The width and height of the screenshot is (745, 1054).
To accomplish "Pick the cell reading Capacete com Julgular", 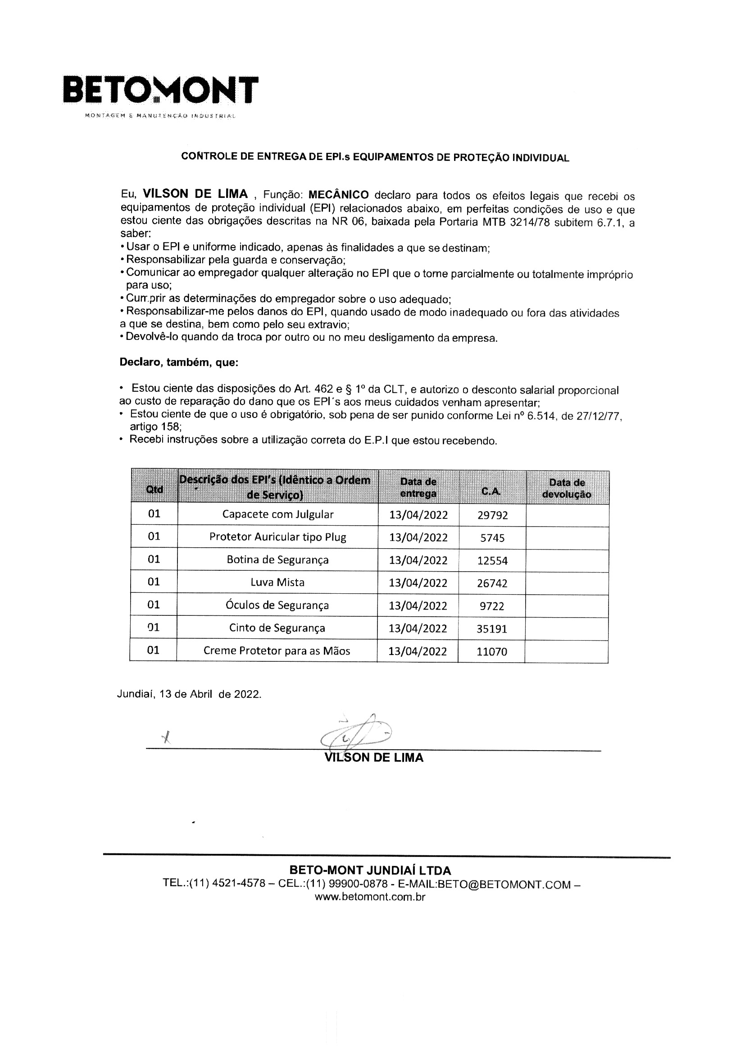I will pos(277,514).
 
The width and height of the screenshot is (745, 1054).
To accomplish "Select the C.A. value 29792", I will pos(492,515).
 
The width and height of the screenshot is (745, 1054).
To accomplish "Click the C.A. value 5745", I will pos(492,537).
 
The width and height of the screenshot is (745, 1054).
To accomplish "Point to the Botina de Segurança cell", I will pos(277,559).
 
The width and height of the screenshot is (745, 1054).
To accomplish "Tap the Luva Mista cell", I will pos(277,582).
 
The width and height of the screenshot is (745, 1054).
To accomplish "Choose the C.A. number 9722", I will pos(492,606).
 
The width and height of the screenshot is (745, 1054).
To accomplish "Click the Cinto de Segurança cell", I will pos(277,628).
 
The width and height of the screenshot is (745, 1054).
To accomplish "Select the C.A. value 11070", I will pos(492,651).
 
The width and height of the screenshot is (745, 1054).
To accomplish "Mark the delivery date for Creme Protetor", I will pos(418,651).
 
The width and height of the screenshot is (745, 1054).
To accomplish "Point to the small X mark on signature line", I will pos(167,738).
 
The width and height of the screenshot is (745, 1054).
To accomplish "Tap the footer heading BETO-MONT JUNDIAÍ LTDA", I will pos(370,871).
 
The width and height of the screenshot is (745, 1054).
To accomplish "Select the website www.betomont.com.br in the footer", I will pos(370,897).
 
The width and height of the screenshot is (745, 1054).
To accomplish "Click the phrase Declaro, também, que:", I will pos(179,362).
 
